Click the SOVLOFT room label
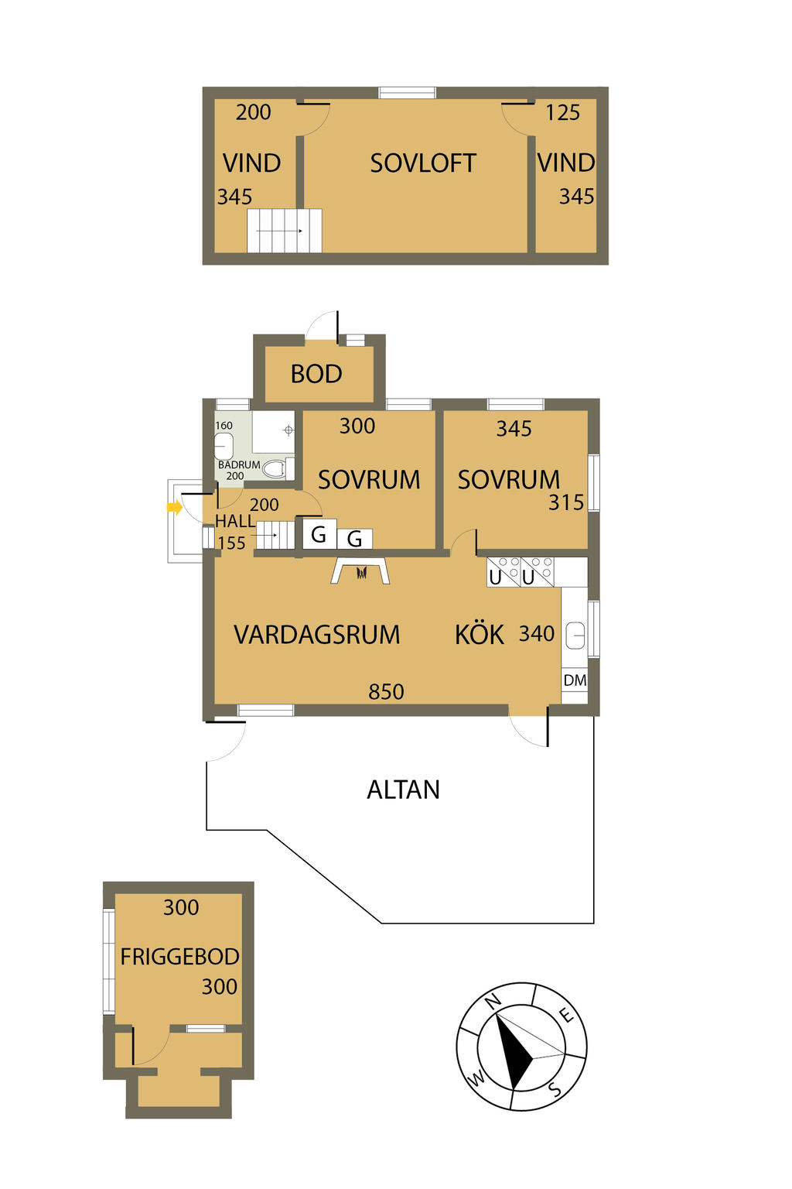423,163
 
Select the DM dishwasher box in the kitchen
575,680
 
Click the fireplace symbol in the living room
360,570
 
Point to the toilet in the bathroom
276,468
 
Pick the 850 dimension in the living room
386,691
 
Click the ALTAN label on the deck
403,790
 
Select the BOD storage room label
316,374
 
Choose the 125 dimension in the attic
562,112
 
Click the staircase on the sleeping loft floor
285,231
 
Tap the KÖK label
479,634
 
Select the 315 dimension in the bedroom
566,502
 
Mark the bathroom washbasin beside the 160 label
224,446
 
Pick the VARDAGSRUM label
316,635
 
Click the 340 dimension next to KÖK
536,633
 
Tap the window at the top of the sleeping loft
408,93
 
